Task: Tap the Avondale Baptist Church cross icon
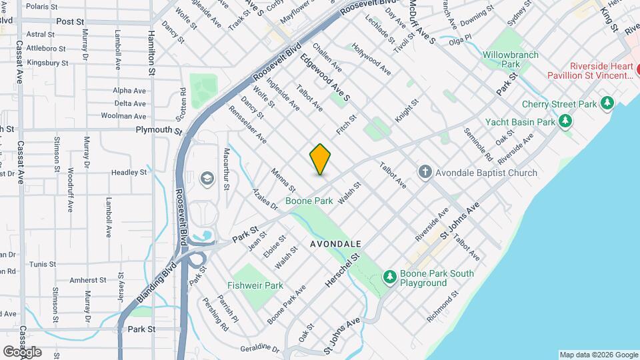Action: (425, 173)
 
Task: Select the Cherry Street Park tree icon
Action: (607, 103)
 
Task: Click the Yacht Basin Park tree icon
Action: (565, 121)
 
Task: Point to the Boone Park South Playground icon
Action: (389, 275)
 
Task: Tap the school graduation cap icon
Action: (206, 178)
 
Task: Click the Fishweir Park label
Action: (255, 285)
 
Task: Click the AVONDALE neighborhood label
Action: (336, 245)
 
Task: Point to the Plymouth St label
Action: (159, 130)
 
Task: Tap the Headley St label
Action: (129, 172)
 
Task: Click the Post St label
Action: (69, 21)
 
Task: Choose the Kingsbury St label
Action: (47, 63)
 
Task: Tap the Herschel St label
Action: (343, 270)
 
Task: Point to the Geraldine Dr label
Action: (260, 349)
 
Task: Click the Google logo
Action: (22, 352)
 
